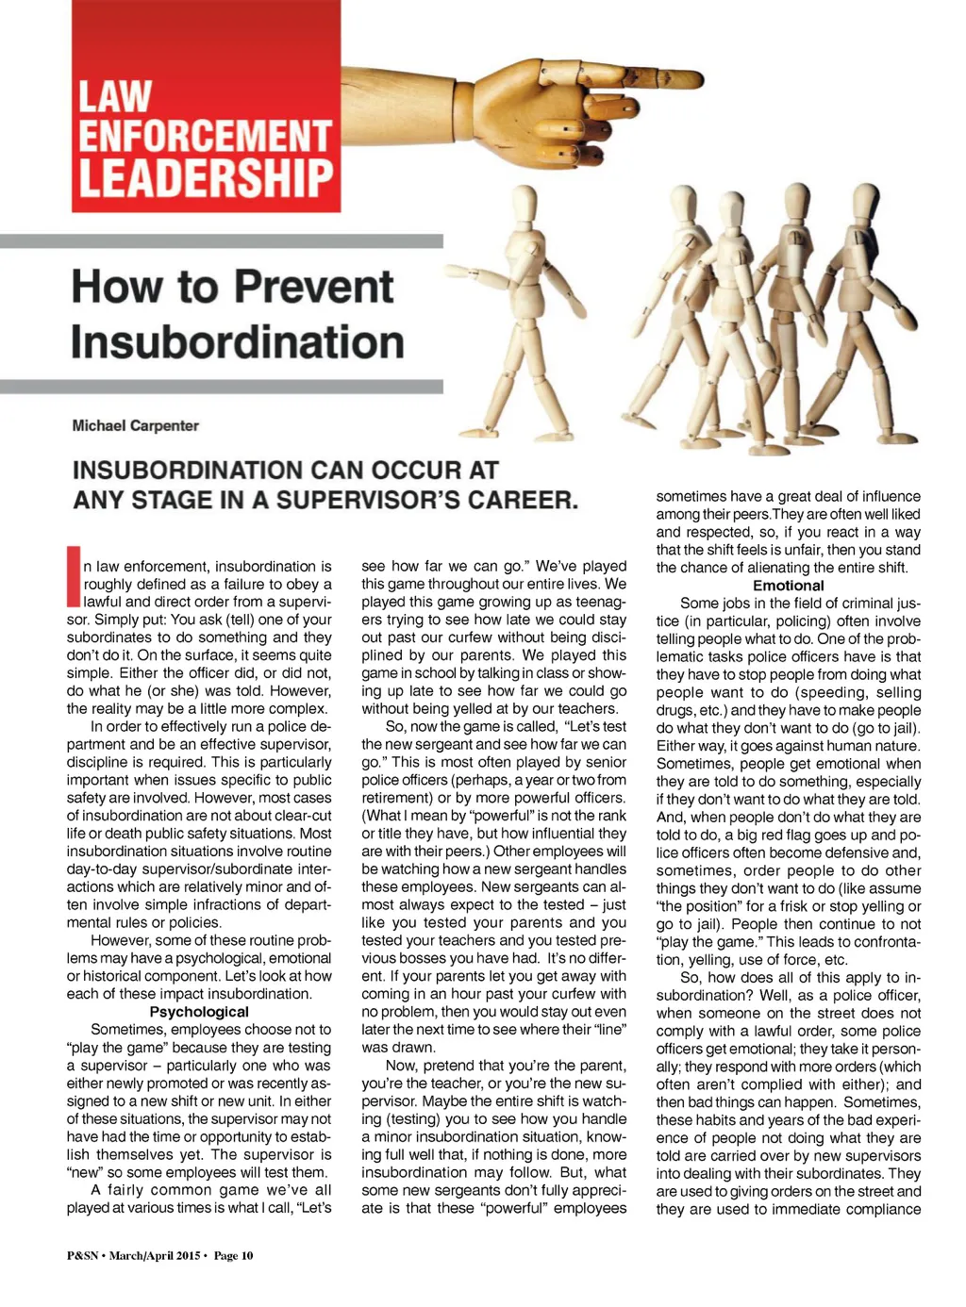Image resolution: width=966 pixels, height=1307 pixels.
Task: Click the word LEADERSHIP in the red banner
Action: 206,177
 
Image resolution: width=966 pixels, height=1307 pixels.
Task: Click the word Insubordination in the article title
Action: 238,341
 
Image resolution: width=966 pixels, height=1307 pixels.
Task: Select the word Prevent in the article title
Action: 314,287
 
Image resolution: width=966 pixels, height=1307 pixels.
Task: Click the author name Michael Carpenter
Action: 136,425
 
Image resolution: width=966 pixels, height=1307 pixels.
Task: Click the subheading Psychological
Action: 199,1012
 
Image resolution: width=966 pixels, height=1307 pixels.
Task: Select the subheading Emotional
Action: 788,586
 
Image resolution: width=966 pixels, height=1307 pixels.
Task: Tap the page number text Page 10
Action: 233,1255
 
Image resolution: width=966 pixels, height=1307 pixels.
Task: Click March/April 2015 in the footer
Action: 155,1255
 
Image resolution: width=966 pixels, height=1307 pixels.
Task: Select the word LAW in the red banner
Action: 114,97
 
